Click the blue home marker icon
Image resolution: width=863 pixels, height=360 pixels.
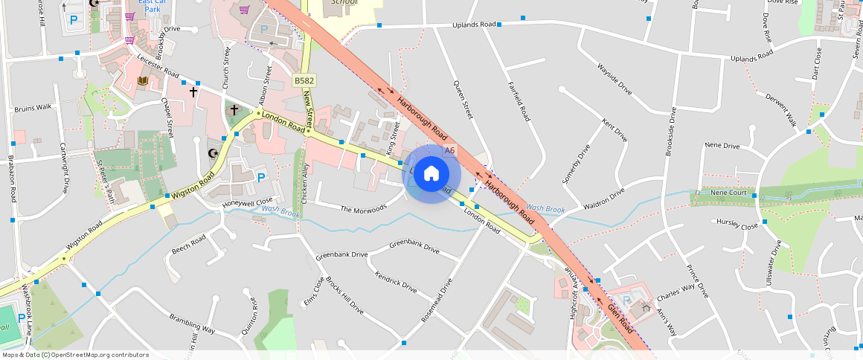pos(431,174)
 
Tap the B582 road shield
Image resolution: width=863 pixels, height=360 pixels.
pos(304,80)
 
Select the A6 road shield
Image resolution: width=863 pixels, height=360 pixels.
pos(449,150)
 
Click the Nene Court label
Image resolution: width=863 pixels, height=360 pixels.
pos(728,193)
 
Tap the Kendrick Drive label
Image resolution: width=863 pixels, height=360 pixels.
pos(396,282)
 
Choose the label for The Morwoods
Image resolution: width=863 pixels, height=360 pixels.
pos(364,208)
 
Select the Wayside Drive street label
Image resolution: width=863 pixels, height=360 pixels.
pos(614,80)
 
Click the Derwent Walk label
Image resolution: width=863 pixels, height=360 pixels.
pos(781,112)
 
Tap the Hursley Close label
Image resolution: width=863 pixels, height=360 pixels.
pos(737,222)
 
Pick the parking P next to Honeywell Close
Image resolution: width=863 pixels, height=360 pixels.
pos(261,178)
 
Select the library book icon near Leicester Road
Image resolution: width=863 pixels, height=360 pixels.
pos(143,80)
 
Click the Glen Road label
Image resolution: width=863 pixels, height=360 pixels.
pos(620,318)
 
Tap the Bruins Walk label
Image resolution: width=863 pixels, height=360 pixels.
pos(33,108)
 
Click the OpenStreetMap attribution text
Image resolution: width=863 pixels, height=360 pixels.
pos(75,355)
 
